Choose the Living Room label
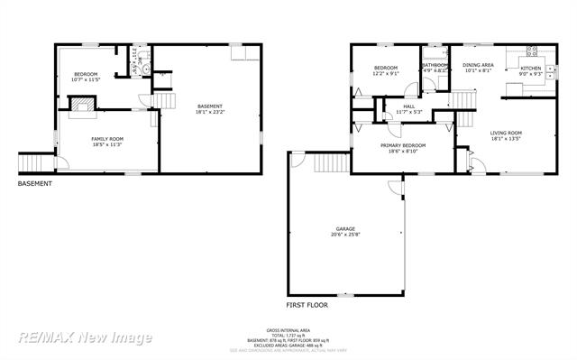point(507,135)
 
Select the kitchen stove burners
point(532,51)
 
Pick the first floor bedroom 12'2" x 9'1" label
point(386,70)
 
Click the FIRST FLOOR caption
point(307,306)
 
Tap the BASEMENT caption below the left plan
point(35,184)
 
